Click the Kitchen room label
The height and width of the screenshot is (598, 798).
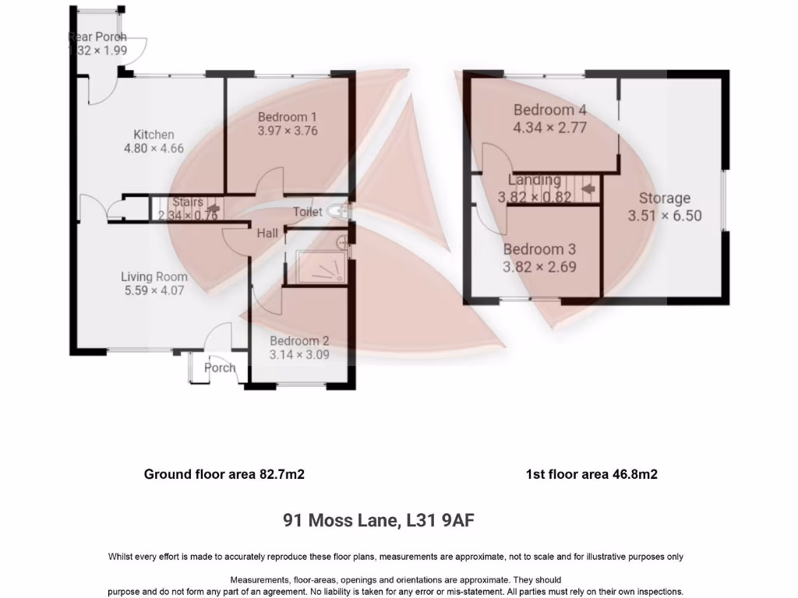(x=154, y=134)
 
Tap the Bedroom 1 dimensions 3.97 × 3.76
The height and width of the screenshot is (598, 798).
(x=288, y=131)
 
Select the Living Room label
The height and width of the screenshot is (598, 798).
(x=154, y=276)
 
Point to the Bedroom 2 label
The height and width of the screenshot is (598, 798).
(x=299, y=340)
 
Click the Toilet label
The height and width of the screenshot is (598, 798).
(x=307, y=212)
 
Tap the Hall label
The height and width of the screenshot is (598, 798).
(x=267, y=232)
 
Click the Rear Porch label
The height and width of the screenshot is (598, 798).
(x=97, y=37)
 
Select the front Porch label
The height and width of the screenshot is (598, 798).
(x=220, y=368)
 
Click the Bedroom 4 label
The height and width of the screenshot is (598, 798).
(x=549, y=110)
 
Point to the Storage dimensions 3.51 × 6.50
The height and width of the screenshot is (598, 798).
(x=665, y=215)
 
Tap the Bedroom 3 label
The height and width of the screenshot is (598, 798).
(x=539, y=249)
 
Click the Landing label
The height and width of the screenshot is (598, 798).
(x=535, y=180)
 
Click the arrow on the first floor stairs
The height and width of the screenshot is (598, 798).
(x=588, y=188)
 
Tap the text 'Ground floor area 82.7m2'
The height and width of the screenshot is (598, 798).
(x=224, y=473)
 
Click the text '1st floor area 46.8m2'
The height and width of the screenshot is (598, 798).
(x=591, y=473)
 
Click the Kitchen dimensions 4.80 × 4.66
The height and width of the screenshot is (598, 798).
(x=154, y=148)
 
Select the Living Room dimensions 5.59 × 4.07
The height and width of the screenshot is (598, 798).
(x=154, y=291)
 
